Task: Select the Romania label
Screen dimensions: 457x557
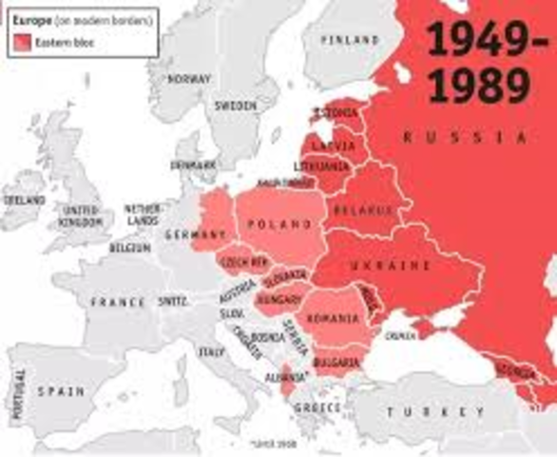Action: pyautogui.click(x=330, y=321)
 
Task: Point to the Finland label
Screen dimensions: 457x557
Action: pyautogui.click(x=349, y=40)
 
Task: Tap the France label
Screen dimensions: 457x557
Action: pyautogui.click(x=118, y=302)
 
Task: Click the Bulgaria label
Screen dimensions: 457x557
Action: pyautogui.click(x=338, y=363)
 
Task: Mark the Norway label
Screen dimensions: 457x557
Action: pyautogui.click(x=188, y=79)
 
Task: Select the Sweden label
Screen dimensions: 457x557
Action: pyautogui.click(x=236, y=106)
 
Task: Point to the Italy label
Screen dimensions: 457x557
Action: pyautogui.click(x=206, y=351)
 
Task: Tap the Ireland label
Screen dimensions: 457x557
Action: pyautogui.click(x=24, y=201)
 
